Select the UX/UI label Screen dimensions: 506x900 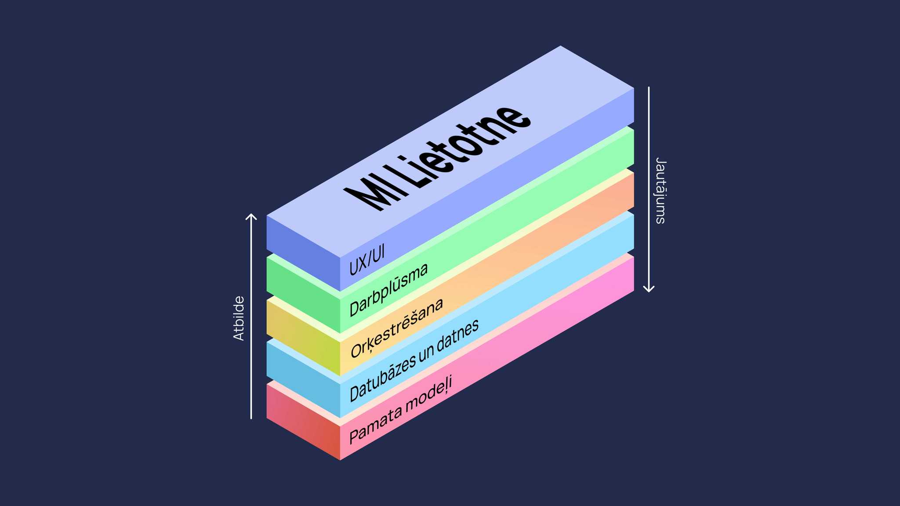[x=367, y=260]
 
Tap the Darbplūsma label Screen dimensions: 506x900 [x=388, y=290]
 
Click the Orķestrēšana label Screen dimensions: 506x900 [x=397, y=327]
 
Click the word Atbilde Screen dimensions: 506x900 [x=239, y=318]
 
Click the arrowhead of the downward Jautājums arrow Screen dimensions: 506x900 [x=649, y=289]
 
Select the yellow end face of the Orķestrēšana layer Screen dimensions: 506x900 [x=303, y=336]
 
